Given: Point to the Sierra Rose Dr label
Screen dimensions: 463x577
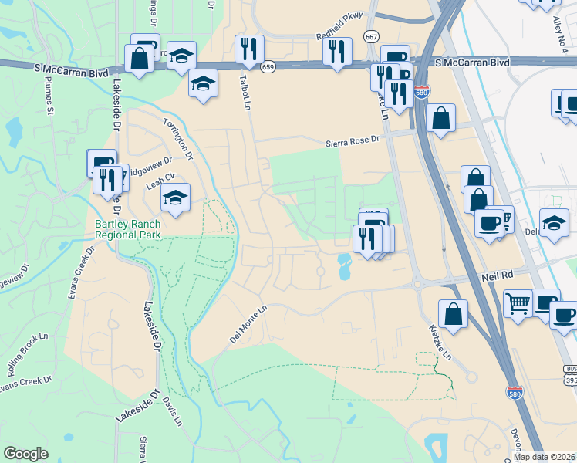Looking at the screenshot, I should click(x=353, y=140).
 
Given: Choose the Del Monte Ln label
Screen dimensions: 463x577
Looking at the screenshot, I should click(x=247, y=324).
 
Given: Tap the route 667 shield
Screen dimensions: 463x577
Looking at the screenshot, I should click(x=372, y=37).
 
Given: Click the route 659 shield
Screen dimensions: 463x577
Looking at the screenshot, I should click(x=268, y=67).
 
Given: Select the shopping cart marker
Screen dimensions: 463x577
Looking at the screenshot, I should click(x=518, y=302).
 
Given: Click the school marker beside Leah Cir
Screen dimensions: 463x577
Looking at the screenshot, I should click(x=175, y=198).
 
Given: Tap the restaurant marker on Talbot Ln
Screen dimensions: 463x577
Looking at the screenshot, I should click(x=249, y=49).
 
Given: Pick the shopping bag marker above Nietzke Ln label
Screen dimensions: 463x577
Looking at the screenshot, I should click(x=453, y=313).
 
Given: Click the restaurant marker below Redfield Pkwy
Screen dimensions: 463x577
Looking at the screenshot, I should click(x=337, y=52).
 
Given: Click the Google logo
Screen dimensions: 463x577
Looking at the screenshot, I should click(x=25, y=454).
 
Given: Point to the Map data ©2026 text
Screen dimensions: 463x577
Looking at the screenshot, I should click(x=545, y=457).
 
